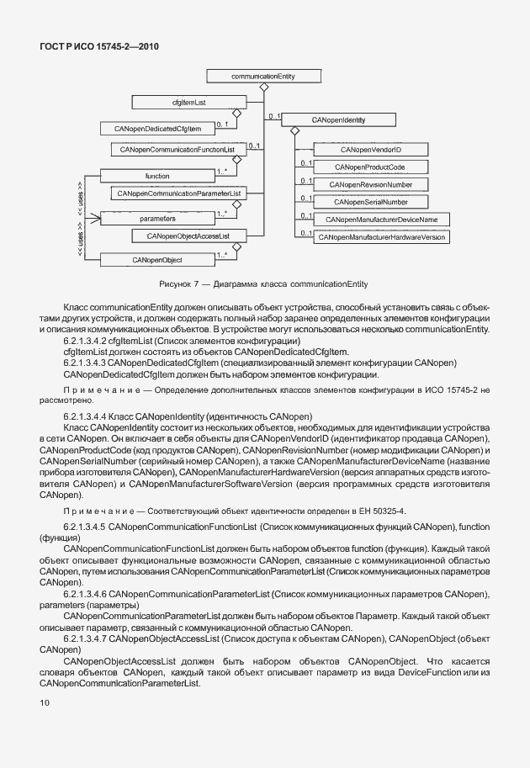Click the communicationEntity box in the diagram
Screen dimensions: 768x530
262,77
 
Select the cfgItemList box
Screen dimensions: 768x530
183,102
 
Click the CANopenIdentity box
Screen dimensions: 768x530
338,120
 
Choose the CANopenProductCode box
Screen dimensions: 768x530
369,167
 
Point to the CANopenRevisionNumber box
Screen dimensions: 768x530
370,184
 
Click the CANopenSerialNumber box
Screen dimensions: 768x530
370,202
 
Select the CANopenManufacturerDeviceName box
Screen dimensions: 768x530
380,220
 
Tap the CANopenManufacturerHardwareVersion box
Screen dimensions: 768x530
381,238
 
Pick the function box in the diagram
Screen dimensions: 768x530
157,176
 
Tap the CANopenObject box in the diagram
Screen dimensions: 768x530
157,260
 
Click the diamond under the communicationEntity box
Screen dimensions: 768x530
263,87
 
